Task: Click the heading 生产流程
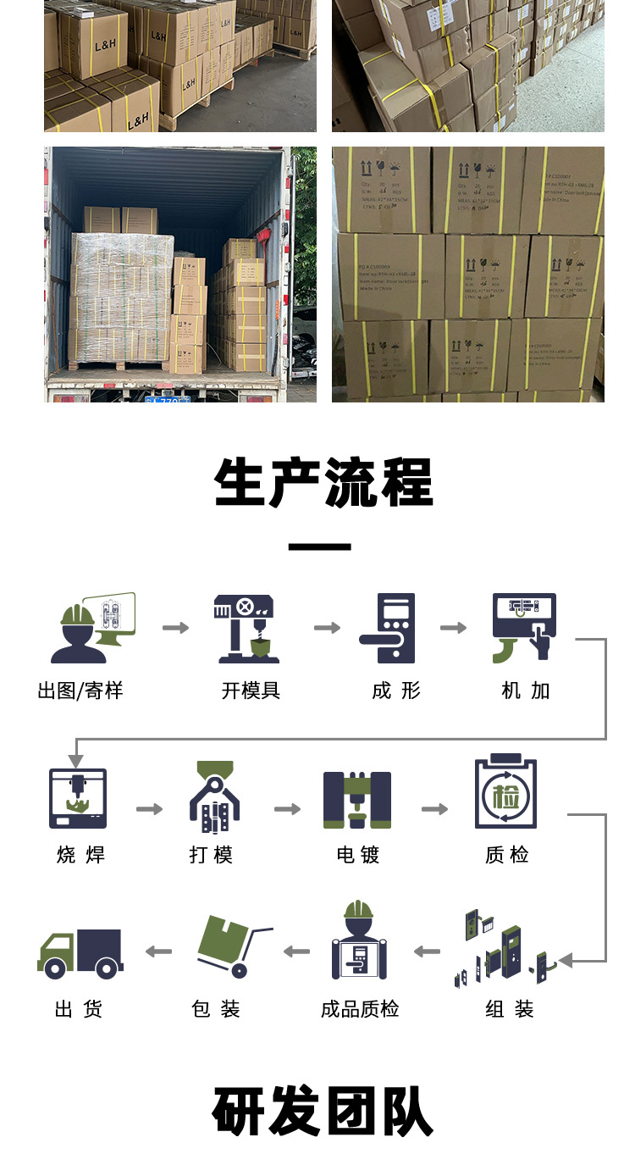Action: (x=323, y=483)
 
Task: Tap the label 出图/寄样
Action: (x=80, y=691)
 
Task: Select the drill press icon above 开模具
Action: (x=246, y=628)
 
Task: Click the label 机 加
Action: (x=525, y=691)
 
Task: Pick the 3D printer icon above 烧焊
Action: (x=78, y=798)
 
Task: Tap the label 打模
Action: (x=211, y=855)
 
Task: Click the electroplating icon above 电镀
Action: (x=357, y=799)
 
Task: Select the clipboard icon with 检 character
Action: (x=506, y=791)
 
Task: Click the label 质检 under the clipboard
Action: (x=506, y=855)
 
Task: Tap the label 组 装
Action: (x=510, y=1009)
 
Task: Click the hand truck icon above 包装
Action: (x=229, y=946)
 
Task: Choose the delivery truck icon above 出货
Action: (x=80, y=952)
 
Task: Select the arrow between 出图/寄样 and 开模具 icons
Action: (x=176, y=628)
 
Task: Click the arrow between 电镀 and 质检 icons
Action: (x=434, y=809)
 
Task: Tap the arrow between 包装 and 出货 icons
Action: (x=158, y=951)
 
